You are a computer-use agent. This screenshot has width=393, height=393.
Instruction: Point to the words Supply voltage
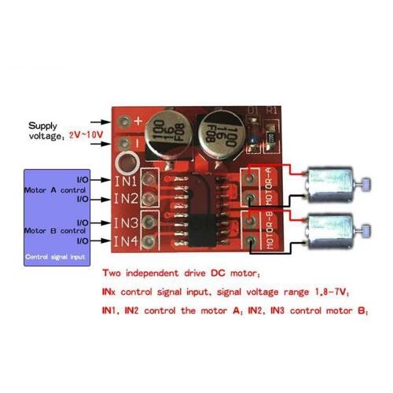tap(43, 130)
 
